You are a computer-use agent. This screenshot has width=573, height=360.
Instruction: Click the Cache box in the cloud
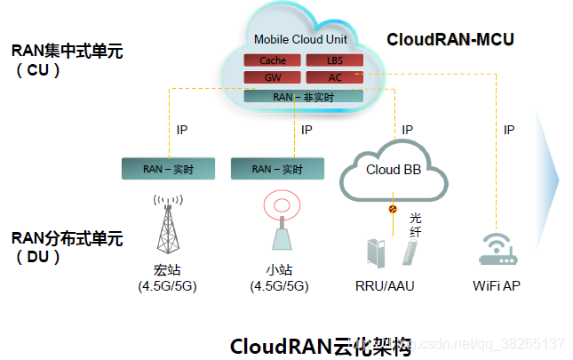tap(273, 60)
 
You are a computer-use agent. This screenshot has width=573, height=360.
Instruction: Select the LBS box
tap(334, 60)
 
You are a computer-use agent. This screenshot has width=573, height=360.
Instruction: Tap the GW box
tap(273, 77)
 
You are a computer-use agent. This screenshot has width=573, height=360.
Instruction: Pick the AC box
tap(334, 77)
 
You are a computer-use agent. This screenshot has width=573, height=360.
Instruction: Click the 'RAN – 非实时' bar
tap(303, 96)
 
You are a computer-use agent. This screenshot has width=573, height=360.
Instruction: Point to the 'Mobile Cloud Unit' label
tap(300, 39)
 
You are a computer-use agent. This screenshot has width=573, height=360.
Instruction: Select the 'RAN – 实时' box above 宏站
tap(168, 168)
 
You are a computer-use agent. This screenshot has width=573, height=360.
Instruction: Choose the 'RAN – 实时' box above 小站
tap(276, 168)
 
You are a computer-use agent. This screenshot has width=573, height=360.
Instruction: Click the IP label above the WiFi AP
tap(509, 130)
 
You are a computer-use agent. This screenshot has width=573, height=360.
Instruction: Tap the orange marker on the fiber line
tap(391, 211)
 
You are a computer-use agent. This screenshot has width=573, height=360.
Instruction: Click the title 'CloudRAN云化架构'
tap(321, 345)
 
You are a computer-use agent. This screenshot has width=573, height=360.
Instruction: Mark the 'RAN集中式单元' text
tap(67, 52)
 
